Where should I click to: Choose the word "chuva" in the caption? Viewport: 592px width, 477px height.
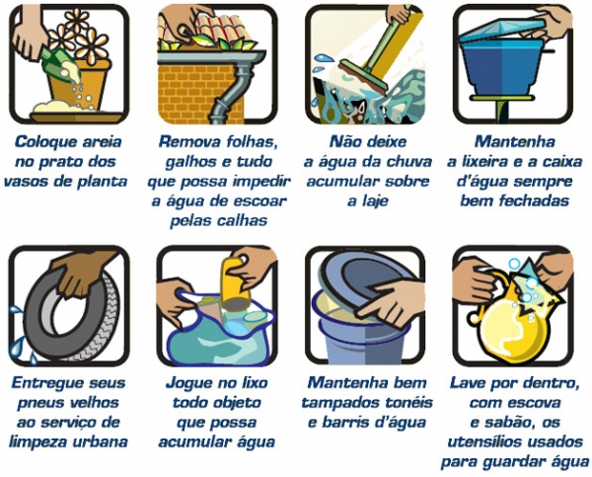coord(408,162)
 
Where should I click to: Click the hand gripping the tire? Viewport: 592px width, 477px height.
coord(81,274)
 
